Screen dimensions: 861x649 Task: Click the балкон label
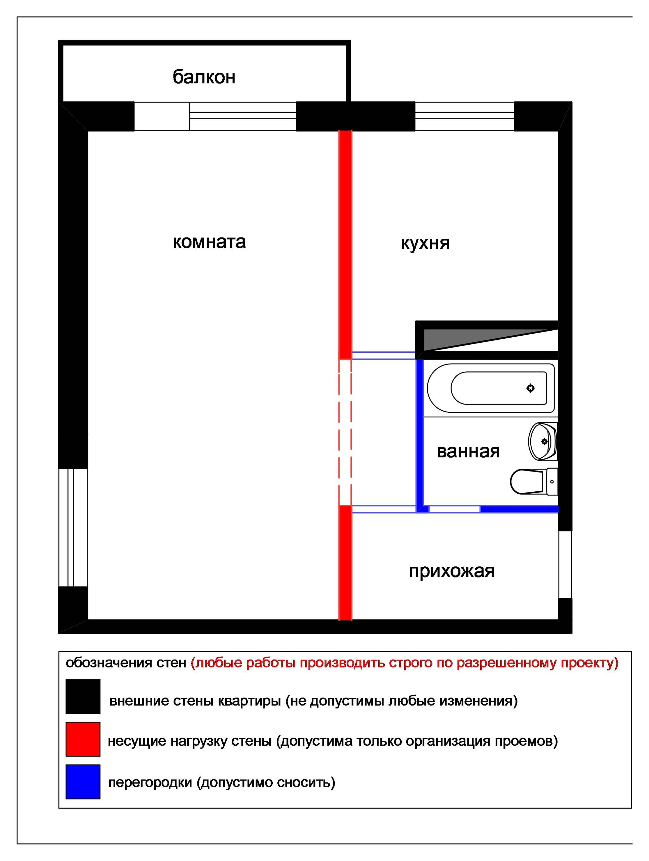coord(204,77)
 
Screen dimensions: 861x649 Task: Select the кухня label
coord(425,243)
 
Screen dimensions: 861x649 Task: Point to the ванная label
coord(468,451)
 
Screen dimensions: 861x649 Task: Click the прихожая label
coord(451,571)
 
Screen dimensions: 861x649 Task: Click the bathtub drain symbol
coord(530,388)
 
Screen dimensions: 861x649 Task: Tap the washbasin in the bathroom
coord(543,441)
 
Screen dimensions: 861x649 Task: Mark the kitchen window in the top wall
coord(465,116)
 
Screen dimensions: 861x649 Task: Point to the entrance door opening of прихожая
coord(565,564)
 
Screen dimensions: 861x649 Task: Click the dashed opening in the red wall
coord(345,432)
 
